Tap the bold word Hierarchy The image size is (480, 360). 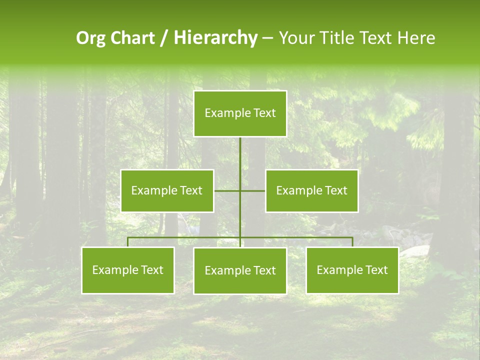(x=215, y=38)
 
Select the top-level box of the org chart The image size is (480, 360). (x=240, y=113)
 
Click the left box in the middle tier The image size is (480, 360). (x=167, y=190)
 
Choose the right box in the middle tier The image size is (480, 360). (x=311, y=190)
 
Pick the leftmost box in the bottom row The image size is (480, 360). (x=127, y=270)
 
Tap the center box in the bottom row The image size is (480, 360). (x=240, y=270)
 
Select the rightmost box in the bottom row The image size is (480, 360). (x=352, y=270)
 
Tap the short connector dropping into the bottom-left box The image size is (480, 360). (x=128, y=242)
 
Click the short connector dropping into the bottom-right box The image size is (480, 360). (x=352, y=242)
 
